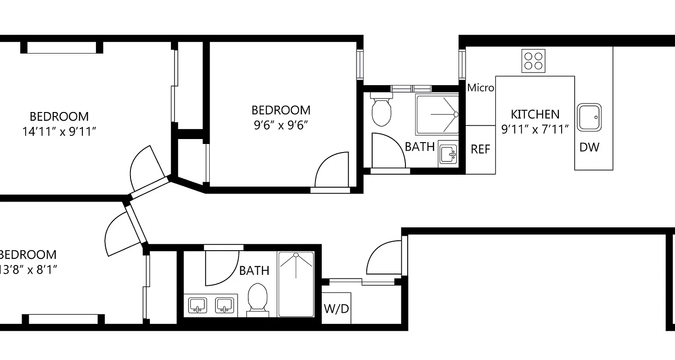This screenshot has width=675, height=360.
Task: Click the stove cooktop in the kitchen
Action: (x=533, y=61)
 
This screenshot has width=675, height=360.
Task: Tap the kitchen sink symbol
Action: (x=589, y=117)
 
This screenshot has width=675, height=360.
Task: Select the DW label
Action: (x=589, y=147)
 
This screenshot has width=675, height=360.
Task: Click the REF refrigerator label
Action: (x=480, y=149)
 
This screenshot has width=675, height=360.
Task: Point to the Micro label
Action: (x=481, y=88)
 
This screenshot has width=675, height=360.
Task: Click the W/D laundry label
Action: (x=337, y=309)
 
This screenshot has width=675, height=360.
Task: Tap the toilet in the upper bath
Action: (x=381, y=110)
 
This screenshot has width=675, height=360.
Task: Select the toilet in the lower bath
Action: (x=258, y=298)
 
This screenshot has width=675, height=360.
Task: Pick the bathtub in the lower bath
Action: (x=296, y=284)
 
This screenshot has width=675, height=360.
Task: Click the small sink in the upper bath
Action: (x=448, y=154)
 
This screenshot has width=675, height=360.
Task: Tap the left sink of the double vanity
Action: (x=197, y=305)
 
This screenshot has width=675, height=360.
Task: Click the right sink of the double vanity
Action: (x=224, y=305)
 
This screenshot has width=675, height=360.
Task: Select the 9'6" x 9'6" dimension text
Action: (x=281, y=125)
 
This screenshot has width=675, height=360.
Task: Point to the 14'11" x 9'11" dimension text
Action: (x=59, y=132)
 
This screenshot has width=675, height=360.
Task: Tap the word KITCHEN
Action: (x=535, y=114)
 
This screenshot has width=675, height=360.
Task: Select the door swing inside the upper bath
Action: (x=388, y=151)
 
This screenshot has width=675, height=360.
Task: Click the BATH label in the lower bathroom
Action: (x=254, y=270)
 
